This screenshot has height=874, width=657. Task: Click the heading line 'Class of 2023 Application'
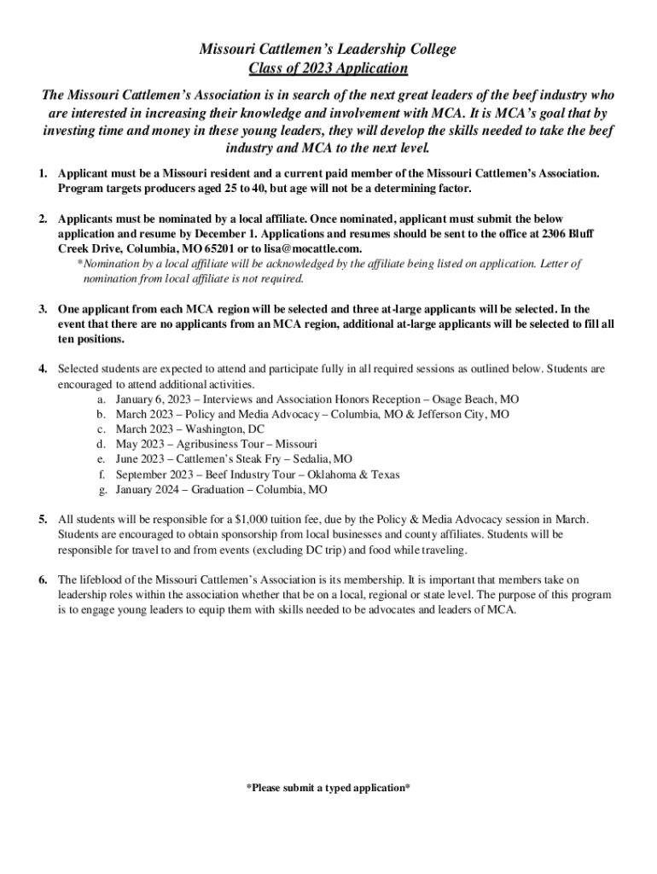[328, 68]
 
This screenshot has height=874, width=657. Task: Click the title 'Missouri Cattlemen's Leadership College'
[328, 50]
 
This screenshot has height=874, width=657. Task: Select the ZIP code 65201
[217, 248]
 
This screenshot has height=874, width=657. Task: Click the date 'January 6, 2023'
[154, 399]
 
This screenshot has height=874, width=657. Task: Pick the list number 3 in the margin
[43, 308]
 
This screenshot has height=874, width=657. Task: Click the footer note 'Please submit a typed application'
[328, 788]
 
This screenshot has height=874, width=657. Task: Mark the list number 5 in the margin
[43, 519]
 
